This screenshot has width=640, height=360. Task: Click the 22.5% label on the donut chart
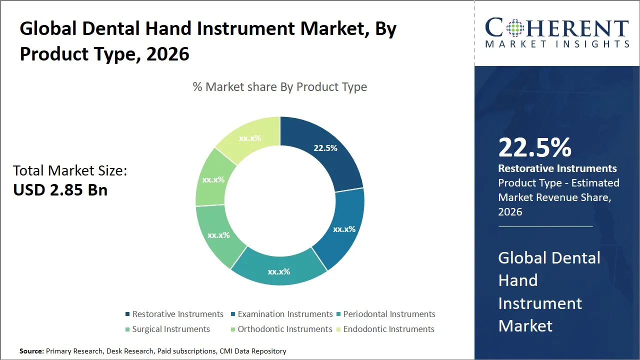pos(325,148)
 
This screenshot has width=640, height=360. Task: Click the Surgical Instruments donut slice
pos(218,235)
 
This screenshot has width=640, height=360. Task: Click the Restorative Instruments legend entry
pos(177,314)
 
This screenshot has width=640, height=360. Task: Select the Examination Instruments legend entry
pos(285,314)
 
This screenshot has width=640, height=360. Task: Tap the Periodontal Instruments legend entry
pos(389,314)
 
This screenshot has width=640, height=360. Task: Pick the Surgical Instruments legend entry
pos(170,329)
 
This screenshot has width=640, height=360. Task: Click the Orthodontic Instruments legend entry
pos(284,329)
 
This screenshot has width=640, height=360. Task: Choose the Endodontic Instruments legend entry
pos(388,329)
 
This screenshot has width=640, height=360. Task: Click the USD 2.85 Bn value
pos(60,190)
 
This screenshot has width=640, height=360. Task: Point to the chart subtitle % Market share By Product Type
pos(280,87)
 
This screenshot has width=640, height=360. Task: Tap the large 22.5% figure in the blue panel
pos(534,148)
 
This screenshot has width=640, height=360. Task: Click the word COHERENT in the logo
pos(557,28)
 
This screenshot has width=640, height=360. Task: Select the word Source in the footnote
pos(31,351)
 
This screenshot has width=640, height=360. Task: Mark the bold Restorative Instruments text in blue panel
pos(557,168)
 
